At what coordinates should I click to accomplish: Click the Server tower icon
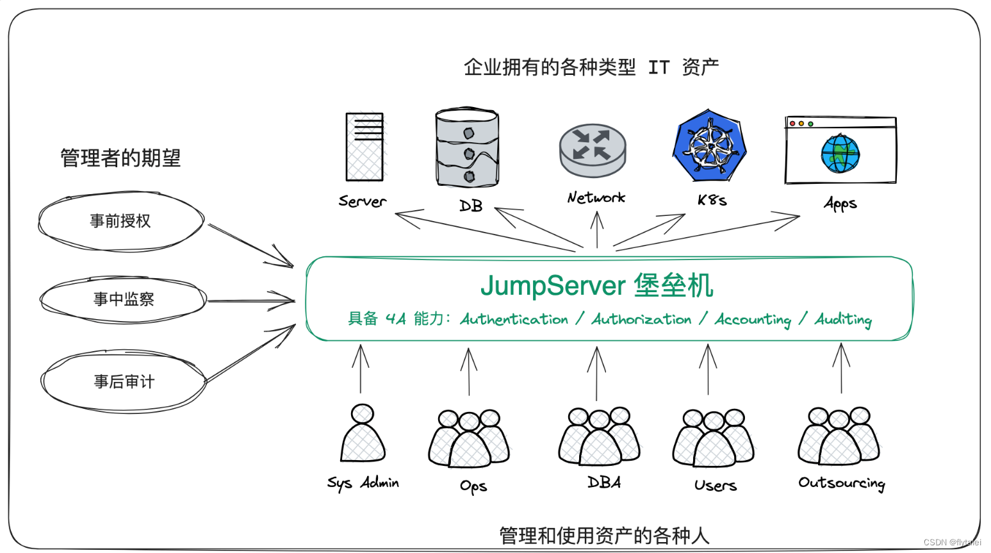pos(364,147)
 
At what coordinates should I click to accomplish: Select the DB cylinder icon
pos(467,147)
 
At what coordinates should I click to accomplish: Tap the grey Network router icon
pos(593,150)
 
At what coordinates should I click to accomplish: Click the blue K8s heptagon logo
pos(710,145)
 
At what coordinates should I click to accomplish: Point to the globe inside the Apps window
pos(840,154)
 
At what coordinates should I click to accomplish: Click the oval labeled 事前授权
pos(120,221)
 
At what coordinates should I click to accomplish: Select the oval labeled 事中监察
pos(123,299)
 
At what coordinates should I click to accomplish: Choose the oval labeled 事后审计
pos(124,382)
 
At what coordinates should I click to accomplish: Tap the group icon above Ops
pos(469,438)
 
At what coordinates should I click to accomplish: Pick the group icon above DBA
pos(599,436)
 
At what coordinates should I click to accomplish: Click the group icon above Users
pos(713,438)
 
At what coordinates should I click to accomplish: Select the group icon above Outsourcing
pos(839,436)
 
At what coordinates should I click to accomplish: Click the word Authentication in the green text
pos(514,319)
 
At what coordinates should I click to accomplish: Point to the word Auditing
pos(843,319)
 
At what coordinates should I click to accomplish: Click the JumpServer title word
pos(553,286)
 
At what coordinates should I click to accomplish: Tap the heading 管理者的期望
pos(120,158)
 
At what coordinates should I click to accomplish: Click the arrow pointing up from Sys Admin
pos(361,368)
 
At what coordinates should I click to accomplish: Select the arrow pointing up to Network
pos(597,229)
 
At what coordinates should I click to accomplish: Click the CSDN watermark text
pos(952,542)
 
